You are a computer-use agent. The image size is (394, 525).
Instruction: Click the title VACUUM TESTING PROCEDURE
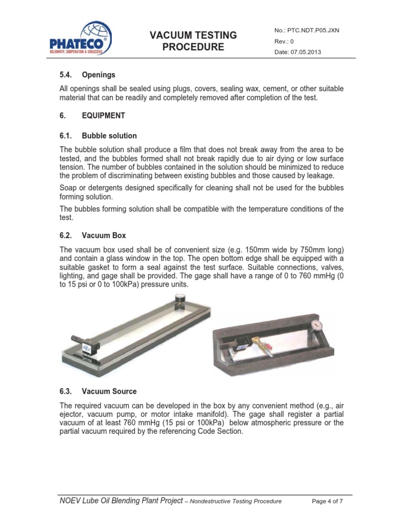pyautogui.click(x=193, y=41)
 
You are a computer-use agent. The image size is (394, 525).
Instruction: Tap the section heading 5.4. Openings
pyautogui.click(x=87, y=75)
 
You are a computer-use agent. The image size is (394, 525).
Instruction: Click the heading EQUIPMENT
pyautogui.click(x=103, y=115)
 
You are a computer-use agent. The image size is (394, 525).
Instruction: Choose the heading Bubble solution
pyautogui.click(x=109, y=136)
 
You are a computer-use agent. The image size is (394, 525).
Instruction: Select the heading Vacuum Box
pyautogui.click(x=104, y=235)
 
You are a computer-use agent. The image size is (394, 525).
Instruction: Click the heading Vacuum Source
pyautogui.click(x=109, y=391)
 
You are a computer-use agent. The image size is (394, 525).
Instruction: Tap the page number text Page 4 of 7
pyautogui.click(x=327, y=501)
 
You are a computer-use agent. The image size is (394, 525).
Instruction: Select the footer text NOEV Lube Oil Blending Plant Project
pyautogui.click(x=121, y=500)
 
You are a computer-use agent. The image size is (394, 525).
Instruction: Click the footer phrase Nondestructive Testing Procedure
pyautogui.click(x=235, y=501)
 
